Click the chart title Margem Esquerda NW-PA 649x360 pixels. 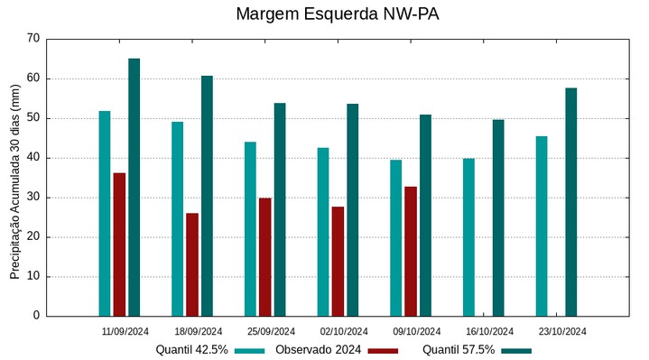[x=338, y=14]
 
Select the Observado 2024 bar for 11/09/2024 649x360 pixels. [x=119, y=245]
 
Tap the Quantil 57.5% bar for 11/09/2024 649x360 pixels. [x=134, y=188]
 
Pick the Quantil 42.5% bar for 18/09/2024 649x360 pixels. [x=178, y=219]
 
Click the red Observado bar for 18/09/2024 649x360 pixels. [x=192, y=264]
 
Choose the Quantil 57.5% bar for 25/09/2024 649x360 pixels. [x=280, y=209]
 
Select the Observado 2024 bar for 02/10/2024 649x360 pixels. [x=338, y=262]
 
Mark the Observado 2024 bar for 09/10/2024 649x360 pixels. [x=411, y=252]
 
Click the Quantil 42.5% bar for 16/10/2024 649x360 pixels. [x=468, y=237]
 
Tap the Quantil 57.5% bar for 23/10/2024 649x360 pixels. [x=570, y=202]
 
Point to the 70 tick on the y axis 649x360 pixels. [x=33, y=39]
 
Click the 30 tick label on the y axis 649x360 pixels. [x=33, y=198]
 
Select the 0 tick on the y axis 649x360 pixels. [x=37, y=317]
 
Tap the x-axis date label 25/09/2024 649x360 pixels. [x=271, y=331]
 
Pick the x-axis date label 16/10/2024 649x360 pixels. [x=489, y=331]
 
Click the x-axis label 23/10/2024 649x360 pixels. [x=562, y=331]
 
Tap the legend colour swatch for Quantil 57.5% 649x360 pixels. [x=516, y=350]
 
